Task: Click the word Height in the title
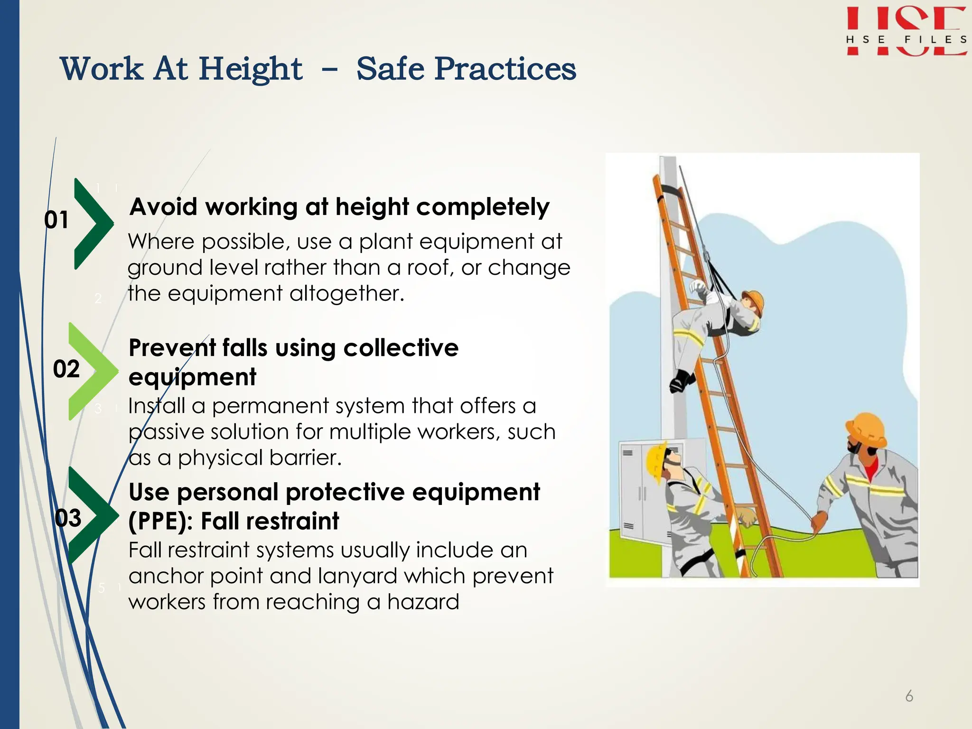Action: [250, 69]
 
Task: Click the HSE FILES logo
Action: [906, 32]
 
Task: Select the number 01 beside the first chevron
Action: [56, 220]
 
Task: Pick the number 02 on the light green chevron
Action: [66, 369]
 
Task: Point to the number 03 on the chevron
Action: [68, 518]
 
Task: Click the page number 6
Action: [909, 696]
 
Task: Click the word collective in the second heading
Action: [401, 348]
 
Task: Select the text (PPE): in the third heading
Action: [160, 521]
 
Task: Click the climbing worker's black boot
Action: [681, 381]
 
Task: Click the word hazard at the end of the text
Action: [423, 602]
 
